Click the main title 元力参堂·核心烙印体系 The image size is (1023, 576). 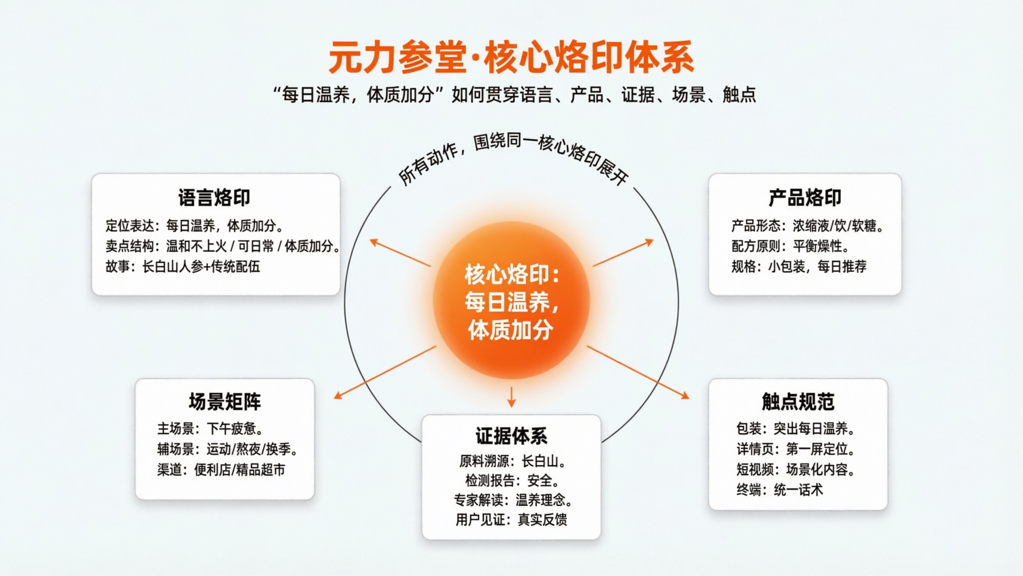click(511, 58)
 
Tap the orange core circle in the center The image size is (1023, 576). click(511, 301)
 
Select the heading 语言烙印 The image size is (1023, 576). click(214, 197)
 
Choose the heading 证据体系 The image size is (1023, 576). click(511, 436)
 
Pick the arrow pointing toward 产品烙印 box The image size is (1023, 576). click(623, 252)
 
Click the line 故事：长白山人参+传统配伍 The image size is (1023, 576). click(183, 267)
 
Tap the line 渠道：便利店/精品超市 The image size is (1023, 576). click(221, 470)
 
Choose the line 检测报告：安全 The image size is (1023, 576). click(511, 481)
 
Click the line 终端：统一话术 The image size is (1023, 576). click(780, 490)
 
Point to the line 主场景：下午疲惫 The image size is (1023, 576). click(210, 429)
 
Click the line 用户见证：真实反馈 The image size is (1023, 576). click(511, 520)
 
